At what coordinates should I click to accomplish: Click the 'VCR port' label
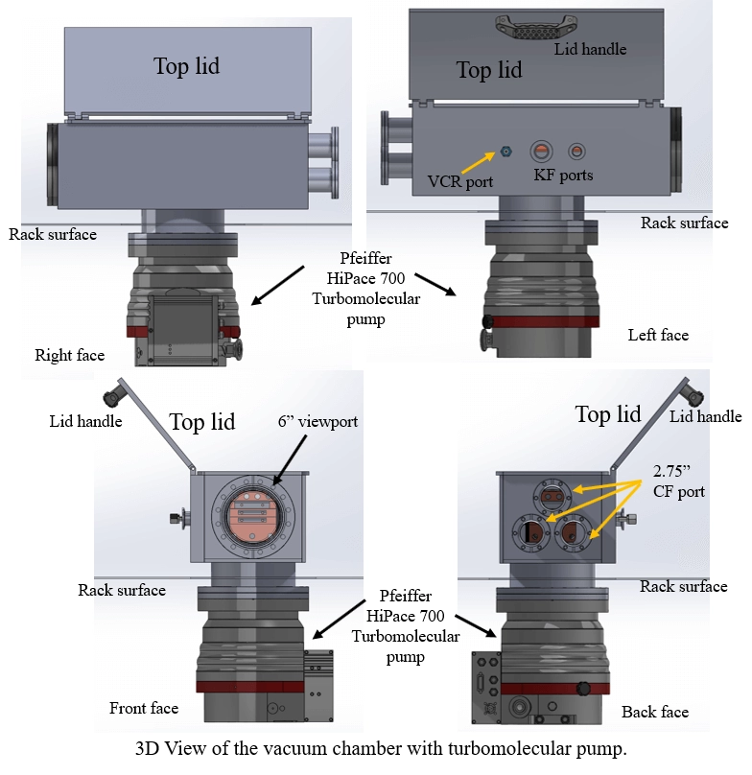[460, 180]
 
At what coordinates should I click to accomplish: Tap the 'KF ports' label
[563, 176]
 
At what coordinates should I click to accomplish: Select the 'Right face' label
[69, 355]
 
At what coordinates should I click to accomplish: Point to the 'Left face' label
[658, 335]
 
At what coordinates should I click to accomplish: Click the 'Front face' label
[143, 708]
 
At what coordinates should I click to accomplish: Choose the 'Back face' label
[655, 711]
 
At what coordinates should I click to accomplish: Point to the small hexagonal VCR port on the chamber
[506, 151]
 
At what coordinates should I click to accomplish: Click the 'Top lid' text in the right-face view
[186, 65]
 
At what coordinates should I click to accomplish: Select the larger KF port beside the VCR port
[541, 151]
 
